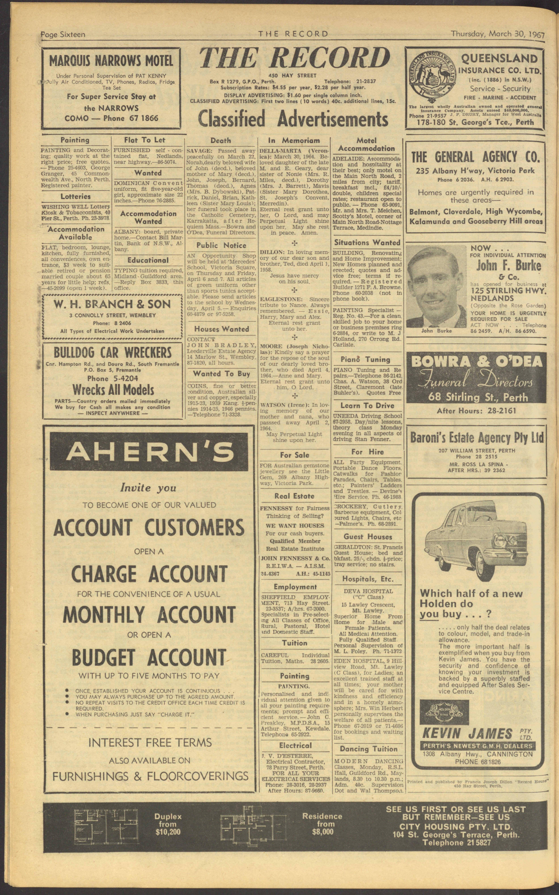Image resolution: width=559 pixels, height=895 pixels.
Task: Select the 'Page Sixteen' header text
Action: [63, 34]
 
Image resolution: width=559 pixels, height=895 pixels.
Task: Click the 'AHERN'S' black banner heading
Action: [149, 452]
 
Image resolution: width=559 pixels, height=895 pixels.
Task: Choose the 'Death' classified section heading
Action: [221, 140]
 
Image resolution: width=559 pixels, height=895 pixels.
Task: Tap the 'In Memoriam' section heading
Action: [294, 140]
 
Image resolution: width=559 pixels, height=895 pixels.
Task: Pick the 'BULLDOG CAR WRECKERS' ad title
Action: [113, 352]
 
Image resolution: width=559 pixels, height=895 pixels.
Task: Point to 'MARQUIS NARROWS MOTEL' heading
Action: [111, 60]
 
